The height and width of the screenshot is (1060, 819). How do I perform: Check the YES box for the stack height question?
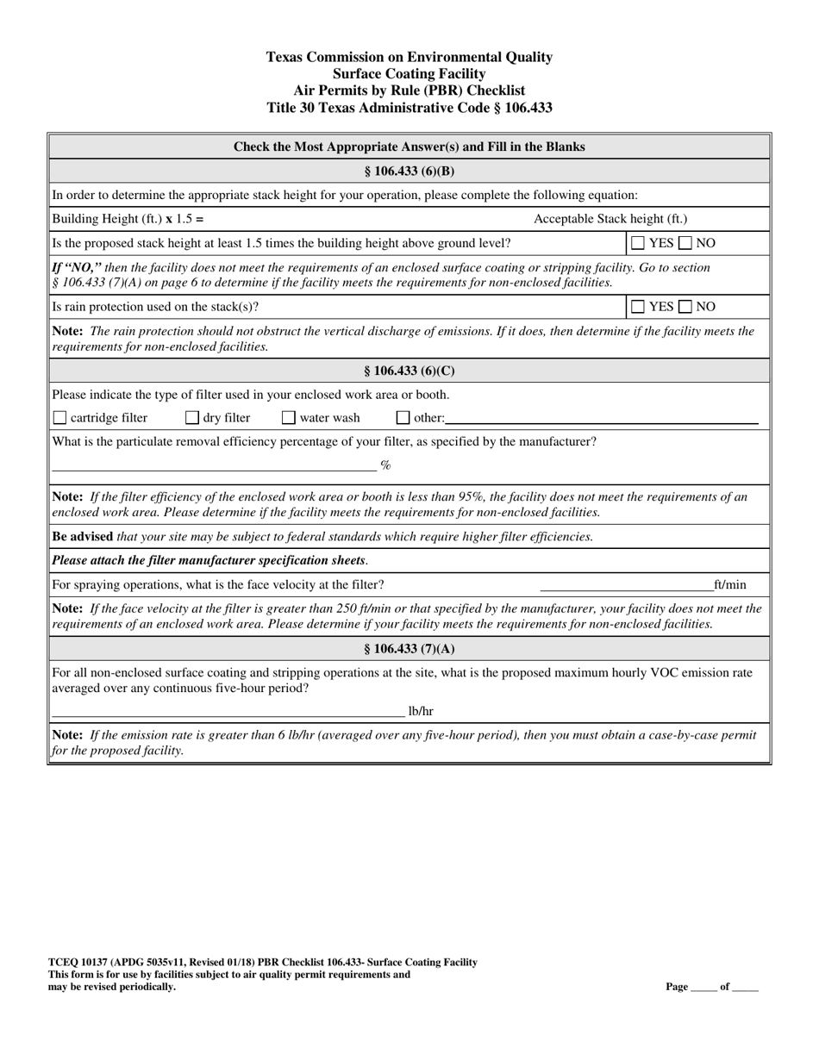(638, 244)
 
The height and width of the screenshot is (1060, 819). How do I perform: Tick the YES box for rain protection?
(638, 307)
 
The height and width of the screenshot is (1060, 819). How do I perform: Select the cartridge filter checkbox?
(59, 419)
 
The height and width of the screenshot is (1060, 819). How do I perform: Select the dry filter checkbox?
(192, 419)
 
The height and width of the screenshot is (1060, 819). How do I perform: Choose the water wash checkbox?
(289, 419)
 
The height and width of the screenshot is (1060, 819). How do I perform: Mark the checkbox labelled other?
(403, 419)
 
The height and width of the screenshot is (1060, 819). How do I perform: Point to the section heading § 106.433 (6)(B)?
(409, 171)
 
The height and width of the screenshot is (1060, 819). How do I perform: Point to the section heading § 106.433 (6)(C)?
(409, 371)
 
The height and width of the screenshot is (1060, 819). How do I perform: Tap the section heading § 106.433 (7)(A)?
(409, 649)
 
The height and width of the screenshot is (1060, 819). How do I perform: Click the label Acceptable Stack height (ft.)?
(610, 220)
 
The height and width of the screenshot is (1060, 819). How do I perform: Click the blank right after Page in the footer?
(703, 988)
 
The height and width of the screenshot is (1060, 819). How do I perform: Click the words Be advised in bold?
(83, 537)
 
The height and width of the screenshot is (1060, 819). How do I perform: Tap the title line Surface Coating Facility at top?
(409, 74)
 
